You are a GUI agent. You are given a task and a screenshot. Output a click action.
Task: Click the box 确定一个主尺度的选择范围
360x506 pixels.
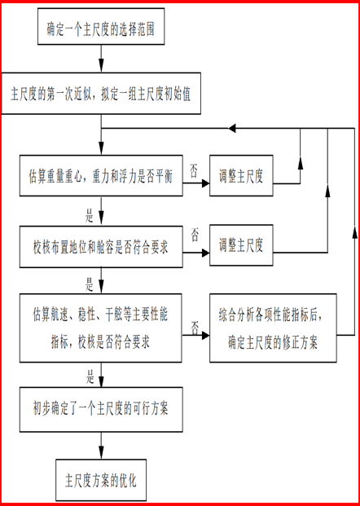101,26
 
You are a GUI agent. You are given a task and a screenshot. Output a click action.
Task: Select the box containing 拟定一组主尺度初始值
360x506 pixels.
101,93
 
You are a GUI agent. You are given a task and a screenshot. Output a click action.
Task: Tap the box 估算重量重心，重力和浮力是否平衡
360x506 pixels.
101,175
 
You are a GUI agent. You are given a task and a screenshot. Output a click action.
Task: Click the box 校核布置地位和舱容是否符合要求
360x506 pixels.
101,247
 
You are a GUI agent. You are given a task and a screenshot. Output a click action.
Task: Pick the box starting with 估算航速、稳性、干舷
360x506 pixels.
101,328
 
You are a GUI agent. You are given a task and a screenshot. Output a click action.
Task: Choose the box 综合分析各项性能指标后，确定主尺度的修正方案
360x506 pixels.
273,328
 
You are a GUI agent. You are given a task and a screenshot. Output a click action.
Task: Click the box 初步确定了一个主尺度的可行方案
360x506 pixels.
101,410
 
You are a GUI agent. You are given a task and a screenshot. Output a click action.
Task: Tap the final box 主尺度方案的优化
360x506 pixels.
101,480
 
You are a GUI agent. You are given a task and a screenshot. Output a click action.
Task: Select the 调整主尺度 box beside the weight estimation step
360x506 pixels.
241,175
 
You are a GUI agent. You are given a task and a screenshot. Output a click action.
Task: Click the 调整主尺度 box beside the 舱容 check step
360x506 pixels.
241,245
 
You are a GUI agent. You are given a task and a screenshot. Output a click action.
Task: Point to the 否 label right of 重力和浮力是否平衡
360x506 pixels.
194,172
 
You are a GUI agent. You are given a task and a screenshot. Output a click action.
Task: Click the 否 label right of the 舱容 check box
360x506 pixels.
195,235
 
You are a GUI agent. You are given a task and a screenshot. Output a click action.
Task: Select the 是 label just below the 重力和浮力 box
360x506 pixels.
89,217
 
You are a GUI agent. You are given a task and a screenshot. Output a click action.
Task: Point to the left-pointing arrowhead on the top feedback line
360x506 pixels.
233,128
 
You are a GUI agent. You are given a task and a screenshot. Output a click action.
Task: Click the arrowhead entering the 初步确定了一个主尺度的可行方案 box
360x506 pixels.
101,382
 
